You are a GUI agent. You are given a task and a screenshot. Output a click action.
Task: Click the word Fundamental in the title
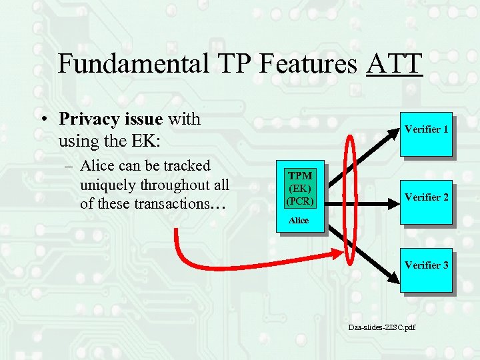click(132, 64)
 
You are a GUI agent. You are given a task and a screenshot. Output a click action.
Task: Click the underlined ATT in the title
click(394, 64)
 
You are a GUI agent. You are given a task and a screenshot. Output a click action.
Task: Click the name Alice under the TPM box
click(299, 220)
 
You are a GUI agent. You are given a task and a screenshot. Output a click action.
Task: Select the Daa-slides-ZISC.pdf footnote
click(381, 327)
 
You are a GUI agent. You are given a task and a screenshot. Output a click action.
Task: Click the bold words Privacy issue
click(111, 119)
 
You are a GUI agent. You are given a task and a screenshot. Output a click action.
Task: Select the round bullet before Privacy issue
click(42, 120)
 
